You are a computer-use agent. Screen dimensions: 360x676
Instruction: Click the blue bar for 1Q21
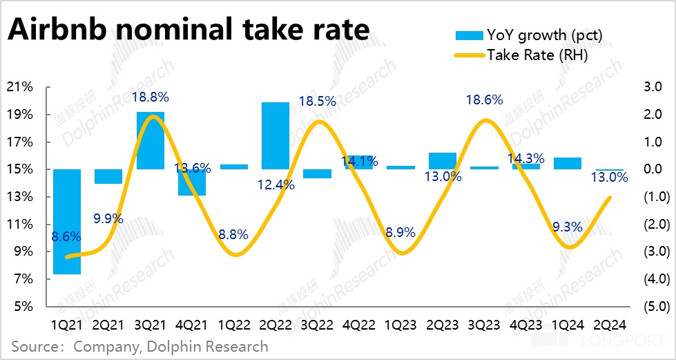pos(67,221)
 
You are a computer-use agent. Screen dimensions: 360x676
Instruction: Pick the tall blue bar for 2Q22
pos(276,135)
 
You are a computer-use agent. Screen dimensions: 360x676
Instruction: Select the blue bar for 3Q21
pos(150,140)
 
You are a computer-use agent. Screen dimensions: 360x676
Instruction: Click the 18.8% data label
pos(150,98)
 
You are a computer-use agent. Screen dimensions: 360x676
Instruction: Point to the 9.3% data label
pos(567,225)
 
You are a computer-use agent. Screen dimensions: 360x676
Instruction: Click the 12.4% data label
pos(276,185)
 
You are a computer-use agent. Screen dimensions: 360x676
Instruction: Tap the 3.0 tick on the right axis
pos(653,87)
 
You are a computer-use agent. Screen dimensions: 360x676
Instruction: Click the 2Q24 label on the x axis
pos(608,324)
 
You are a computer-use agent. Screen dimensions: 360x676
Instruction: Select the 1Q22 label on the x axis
pos(233,324)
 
